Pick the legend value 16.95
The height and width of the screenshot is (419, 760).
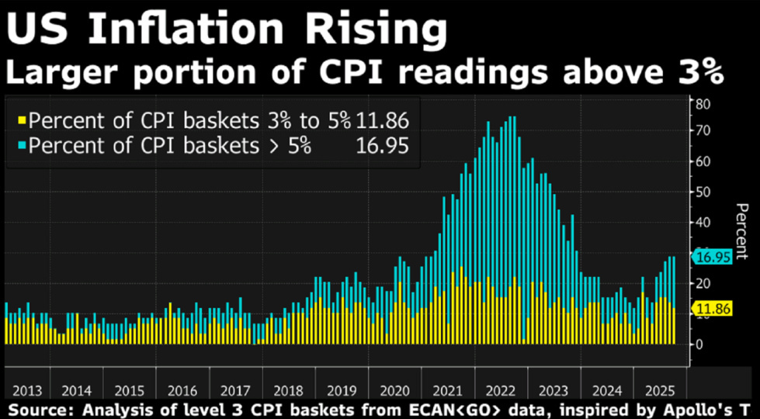point(382,146)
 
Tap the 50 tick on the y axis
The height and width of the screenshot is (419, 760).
point(703,192)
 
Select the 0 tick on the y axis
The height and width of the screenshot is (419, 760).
point(699,343)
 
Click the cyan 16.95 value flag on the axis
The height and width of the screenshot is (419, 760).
point(713,258)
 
